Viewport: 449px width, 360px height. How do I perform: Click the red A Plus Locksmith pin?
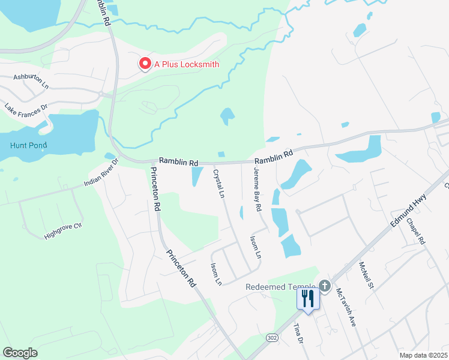tap(145, 64)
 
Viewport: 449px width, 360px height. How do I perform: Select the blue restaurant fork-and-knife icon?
tap(308, 298)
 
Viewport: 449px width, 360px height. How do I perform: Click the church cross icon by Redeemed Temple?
tap(325, 286)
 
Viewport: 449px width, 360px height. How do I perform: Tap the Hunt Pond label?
tap(28, 145)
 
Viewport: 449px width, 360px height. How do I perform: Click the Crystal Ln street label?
tap(218, 184)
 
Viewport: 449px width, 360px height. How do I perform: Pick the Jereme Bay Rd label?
tap(258, 189)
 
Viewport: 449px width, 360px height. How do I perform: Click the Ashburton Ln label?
tap(31, 81)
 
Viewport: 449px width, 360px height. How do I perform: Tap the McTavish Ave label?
tap(346, 308)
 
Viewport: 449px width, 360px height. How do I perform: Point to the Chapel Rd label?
tap(415, 231)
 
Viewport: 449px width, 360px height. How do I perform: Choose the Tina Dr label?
tap(298, 334)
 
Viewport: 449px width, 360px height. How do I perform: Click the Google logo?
tap(20, 353)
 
